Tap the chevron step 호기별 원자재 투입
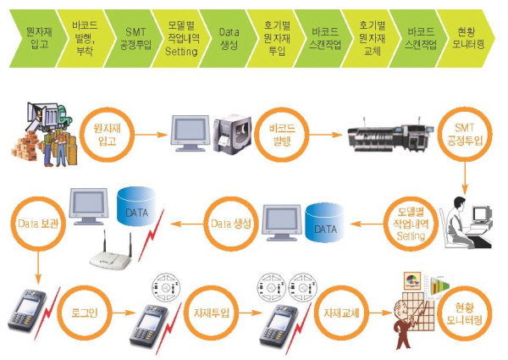coord(275,39)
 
